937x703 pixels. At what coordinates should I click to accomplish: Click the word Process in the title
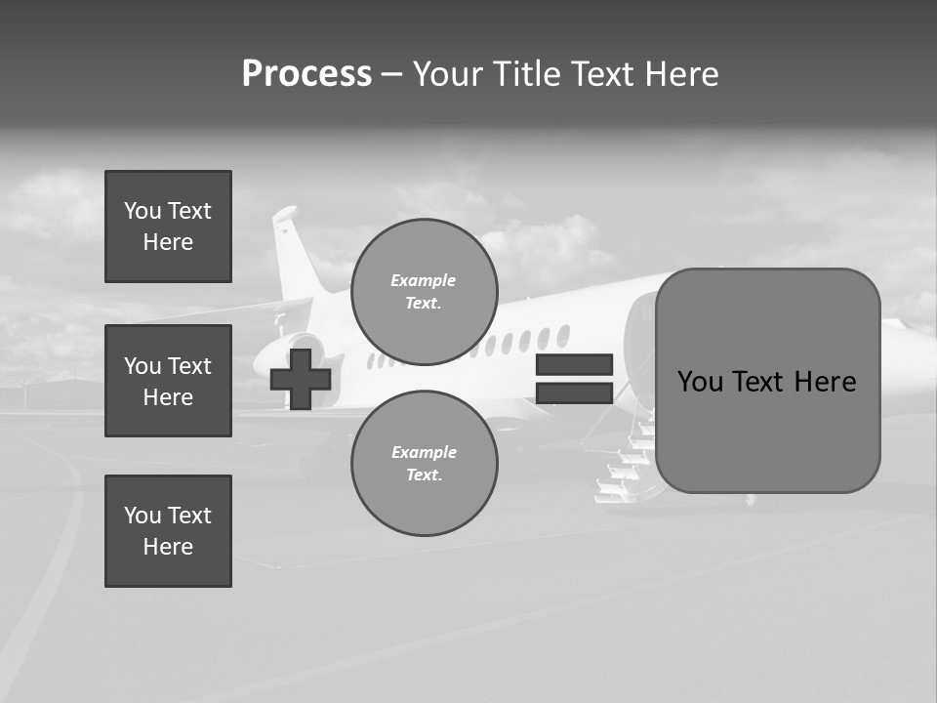point(306,74)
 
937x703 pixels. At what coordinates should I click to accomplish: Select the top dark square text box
point(168,227)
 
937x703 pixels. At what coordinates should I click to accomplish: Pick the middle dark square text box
point(168,381)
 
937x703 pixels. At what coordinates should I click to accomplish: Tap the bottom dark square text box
point(168,531)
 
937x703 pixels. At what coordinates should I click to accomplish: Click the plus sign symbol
point(301,379)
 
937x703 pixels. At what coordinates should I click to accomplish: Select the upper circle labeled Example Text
point(425,291)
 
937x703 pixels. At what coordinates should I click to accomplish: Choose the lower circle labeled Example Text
point(425,463)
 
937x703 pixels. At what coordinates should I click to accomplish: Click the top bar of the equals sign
point(574,365)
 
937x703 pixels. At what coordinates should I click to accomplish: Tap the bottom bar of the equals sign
point(574,393)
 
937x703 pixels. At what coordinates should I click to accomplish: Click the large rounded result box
point(767,381)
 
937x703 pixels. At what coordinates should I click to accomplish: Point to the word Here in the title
point(682,74)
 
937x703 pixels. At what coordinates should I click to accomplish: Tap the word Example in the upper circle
point(424,280)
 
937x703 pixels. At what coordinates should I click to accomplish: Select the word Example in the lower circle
point(424,452)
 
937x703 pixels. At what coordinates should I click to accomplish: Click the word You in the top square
point(142,211)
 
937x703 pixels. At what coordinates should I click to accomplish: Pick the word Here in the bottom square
point(168,547)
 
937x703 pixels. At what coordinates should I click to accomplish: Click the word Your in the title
point(445,74)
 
